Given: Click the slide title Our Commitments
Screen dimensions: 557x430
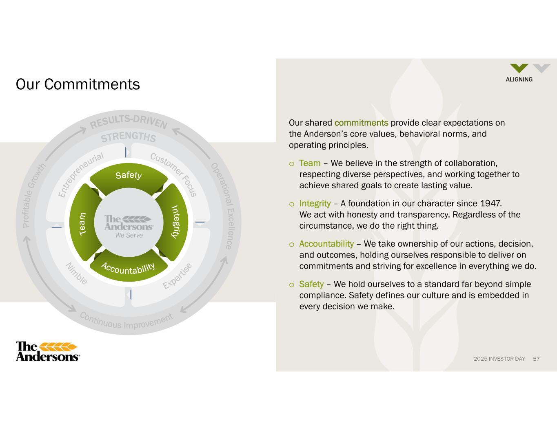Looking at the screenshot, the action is [x=78, y=84].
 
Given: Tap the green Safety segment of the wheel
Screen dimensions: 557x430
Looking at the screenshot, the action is [x=129, y=177].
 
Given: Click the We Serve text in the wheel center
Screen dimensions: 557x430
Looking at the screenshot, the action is [x=129, y=235].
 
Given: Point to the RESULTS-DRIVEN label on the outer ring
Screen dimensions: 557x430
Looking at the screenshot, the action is [x=129, y=122].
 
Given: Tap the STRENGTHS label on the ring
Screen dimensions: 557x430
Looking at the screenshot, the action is [x=129, y=137].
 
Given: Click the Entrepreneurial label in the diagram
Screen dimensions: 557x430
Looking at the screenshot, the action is [x=80, y=174].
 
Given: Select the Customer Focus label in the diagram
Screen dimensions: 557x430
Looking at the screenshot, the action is [x=174, y=174].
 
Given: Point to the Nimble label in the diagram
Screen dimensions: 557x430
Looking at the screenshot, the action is [x=76, y=273].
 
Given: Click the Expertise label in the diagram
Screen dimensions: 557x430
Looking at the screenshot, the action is [x=178, y=276].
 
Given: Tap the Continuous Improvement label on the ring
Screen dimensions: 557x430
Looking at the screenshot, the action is [x=126, y=320].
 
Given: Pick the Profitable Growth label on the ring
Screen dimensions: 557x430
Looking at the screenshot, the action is [x=33, y=195].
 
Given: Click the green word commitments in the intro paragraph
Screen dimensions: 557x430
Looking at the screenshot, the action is [x=362, y=123].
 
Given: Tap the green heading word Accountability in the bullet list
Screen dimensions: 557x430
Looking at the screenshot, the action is [x=326, y=244].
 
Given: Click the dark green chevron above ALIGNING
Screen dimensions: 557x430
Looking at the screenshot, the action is [x=519, y=68].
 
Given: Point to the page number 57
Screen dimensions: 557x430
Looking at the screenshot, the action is [x=536, y=359].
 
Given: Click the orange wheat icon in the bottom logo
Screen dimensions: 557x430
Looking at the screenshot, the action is [x=58, y=347].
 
